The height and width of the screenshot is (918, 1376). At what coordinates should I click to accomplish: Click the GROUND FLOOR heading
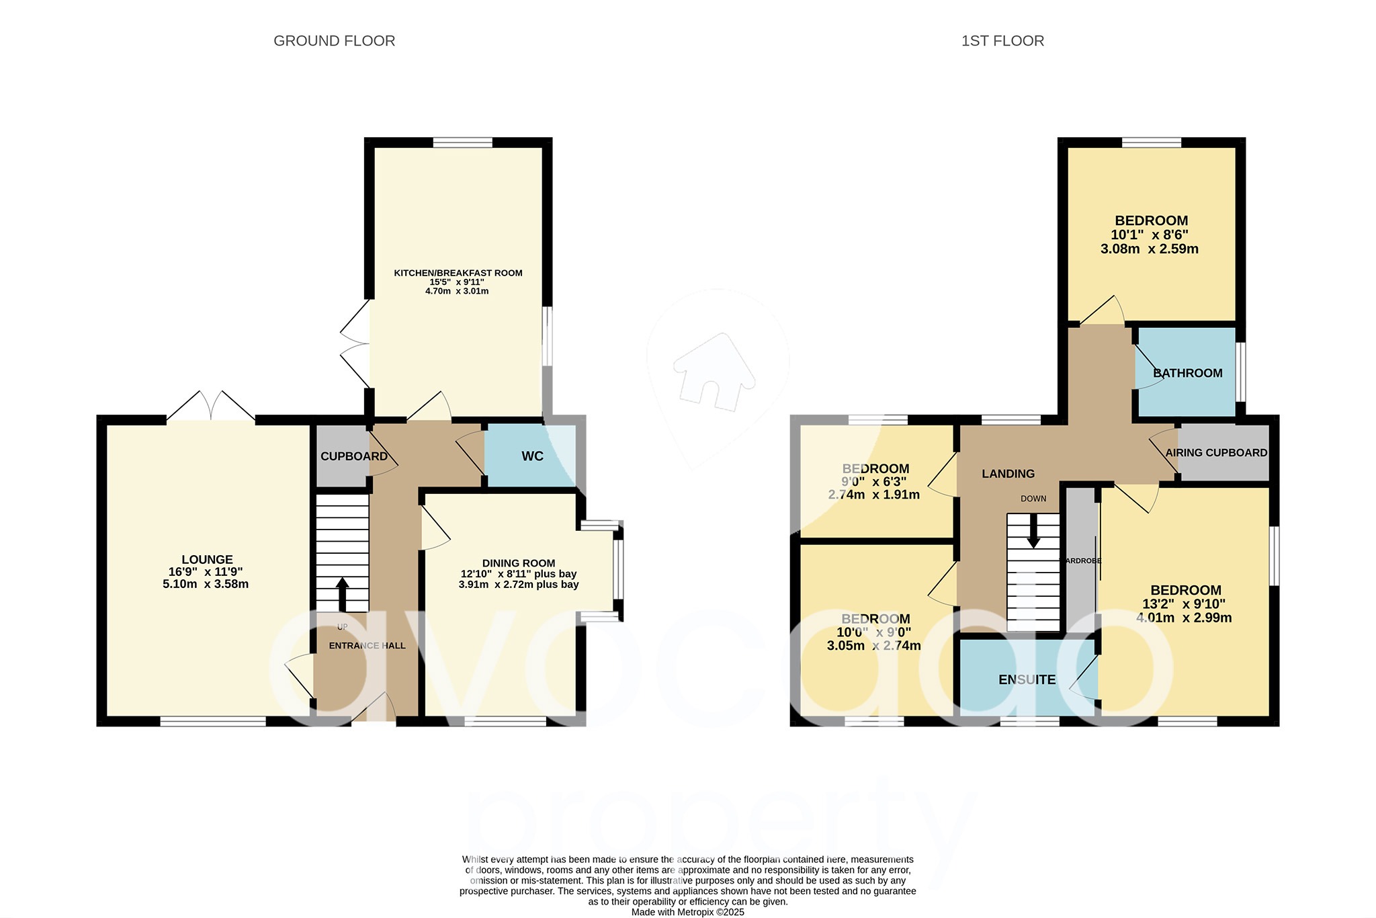334,41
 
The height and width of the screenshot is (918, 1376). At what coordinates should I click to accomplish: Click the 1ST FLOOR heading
1002,41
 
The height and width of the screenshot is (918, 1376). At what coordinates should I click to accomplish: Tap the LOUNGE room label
207,559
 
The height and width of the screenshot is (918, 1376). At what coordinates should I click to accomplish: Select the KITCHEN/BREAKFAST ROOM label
458,273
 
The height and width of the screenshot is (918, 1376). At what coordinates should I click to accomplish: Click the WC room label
532,456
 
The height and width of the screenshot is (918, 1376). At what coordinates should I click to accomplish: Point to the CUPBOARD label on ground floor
353,456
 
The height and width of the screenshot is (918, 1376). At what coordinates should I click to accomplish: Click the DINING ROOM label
519,563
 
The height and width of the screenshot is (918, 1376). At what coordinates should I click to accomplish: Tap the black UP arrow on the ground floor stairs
342,593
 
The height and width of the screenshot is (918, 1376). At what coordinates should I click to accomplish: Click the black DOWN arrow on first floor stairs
1033,531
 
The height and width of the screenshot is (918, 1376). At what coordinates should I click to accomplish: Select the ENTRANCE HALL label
367,646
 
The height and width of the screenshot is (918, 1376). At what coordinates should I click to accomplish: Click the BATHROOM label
1187,373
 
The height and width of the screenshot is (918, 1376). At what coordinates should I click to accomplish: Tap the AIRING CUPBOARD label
1216,452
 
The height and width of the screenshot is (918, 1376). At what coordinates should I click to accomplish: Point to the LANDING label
1008,474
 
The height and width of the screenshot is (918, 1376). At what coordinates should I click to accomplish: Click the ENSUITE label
1027,679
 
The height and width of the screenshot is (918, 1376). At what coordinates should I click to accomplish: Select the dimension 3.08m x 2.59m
1149,249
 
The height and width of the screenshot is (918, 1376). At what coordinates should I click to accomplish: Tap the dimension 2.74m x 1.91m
873,495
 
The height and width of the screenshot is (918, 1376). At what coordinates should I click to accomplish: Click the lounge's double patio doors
211,407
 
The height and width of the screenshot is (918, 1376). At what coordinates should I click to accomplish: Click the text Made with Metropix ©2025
687,912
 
